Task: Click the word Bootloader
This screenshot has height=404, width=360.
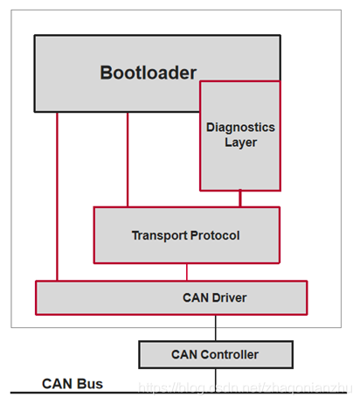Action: [148, 72]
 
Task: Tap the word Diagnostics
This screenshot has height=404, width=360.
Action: [240, 128]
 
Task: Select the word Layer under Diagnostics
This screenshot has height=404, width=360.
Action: [240, 142]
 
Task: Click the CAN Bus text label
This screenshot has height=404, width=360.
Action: [73, 384]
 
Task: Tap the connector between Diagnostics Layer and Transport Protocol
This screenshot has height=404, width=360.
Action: [240, 199]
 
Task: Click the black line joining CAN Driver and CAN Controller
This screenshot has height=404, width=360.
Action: [216, 328]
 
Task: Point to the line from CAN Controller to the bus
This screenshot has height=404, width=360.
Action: [216, 378]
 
